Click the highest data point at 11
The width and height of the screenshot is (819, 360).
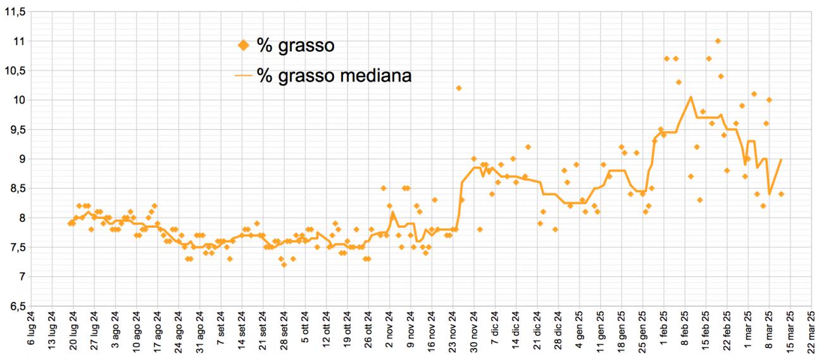[x=718, y=41]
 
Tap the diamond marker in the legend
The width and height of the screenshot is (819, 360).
[x=243, y=45]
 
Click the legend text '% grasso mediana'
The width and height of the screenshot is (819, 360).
[x=334, y=76]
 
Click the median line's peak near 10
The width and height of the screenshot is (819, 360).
[x=691, y=97]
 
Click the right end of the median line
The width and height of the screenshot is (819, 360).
[x=781, y=159]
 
